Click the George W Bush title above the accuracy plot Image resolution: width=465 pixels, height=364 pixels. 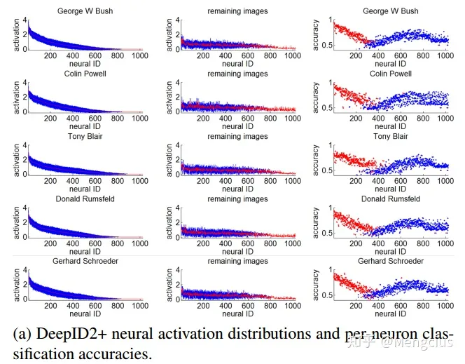[390, 11]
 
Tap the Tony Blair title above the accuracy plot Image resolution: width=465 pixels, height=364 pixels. [390, 136]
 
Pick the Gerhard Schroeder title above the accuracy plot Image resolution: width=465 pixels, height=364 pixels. [390, 261]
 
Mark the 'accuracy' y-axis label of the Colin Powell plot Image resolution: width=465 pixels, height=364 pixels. [316, 98]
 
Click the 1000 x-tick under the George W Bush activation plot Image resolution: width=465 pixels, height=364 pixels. [141, 55]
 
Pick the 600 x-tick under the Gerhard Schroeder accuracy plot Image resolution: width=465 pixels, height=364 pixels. [401, 306]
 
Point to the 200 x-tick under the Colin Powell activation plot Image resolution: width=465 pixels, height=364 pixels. [50, 118]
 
